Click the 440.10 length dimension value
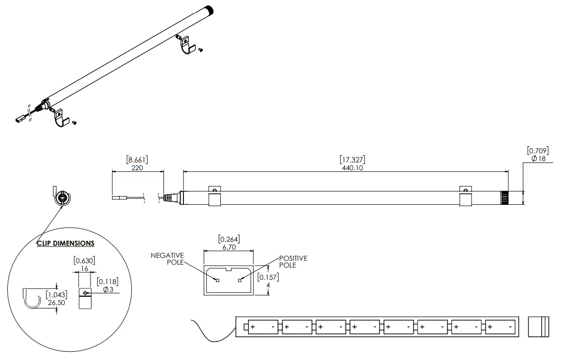click(352, 168)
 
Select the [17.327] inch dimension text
click(352, 160)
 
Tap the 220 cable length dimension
click(137, 168)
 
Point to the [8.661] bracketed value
click(137, 160)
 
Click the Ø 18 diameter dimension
click(538, 159)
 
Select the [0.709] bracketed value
click(538, 151)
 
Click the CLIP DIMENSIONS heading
click(66, 243)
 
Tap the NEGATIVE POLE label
click(167, 259)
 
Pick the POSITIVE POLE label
click(293, 262)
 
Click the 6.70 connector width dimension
click(228, 247)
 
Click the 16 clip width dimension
click(84, 268)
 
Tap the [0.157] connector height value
click(268, 277)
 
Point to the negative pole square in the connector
click(218, 280)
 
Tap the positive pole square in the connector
click(239, 280)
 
